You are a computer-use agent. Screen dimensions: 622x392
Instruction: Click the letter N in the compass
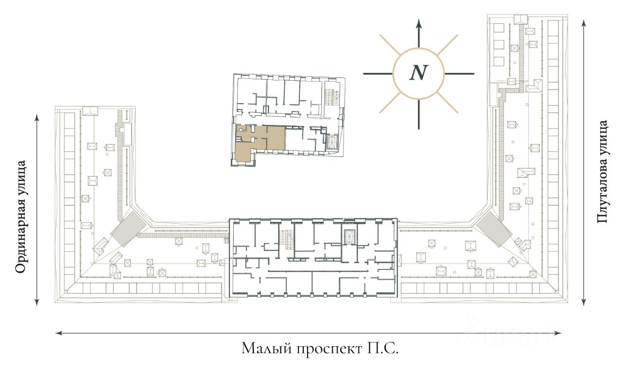(418, 73)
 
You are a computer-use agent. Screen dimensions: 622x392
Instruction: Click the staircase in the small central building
(333, 95)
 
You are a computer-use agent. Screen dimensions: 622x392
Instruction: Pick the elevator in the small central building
(333, 143)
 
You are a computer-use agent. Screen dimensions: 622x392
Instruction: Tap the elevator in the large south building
(349, 236)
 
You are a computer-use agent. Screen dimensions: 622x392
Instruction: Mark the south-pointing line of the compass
(418, 114)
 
